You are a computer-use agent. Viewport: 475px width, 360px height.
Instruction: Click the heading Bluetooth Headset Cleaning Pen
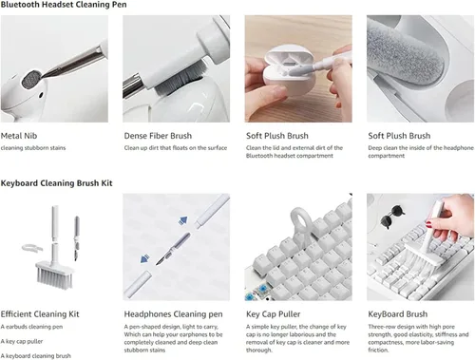64,5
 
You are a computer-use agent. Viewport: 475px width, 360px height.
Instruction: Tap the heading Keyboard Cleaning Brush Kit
56,183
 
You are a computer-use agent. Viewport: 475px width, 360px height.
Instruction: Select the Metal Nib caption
19,136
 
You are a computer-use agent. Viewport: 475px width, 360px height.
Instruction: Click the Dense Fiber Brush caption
158,136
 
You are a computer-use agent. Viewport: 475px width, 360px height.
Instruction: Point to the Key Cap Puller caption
273,314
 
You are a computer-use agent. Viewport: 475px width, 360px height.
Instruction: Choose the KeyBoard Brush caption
397,314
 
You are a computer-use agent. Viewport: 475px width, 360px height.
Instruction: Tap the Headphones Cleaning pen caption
173,314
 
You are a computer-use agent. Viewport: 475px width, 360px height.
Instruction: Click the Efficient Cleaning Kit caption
40,314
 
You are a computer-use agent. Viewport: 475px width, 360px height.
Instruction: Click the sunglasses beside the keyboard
392,217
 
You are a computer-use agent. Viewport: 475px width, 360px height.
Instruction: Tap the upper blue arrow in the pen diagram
182,220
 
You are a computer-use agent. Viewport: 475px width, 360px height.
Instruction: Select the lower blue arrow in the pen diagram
144,258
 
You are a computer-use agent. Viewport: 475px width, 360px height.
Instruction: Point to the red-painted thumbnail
428,225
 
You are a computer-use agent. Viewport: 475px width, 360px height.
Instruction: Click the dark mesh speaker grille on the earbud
31,79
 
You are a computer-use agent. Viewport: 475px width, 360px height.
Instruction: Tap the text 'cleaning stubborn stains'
33,148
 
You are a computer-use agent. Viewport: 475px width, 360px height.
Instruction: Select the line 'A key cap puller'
22,341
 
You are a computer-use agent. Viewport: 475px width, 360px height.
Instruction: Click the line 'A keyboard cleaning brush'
35,356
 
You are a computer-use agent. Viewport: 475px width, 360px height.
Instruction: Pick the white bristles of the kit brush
54,278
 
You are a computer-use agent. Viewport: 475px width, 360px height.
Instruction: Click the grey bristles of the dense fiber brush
179,80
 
